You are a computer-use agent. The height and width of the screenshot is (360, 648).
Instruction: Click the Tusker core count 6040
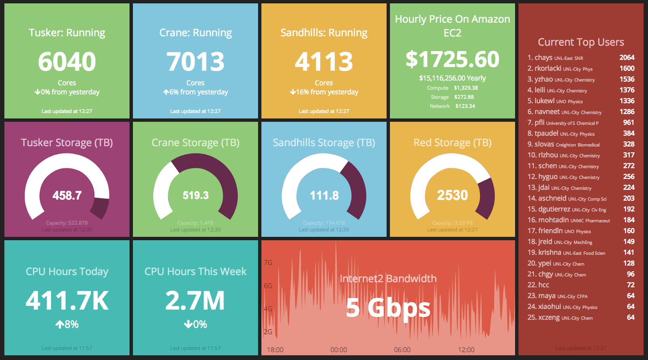(x=67, y=62)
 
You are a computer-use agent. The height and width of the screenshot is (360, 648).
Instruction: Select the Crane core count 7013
(x=195, y=62)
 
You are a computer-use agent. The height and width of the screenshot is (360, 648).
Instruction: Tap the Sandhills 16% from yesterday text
(x=324, y=92)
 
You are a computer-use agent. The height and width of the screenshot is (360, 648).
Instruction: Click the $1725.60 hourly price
(x=452, y=59)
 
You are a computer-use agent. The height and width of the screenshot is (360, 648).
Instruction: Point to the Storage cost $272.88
(x=464, y=97)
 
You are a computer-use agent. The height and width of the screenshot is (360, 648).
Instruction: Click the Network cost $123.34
(x=465, y=106)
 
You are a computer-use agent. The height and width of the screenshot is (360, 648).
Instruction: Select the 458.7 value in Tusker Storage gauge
(x=67, y=196)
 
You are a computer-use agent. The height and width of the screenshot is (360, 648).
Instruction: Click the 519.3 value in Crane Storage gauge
(x=195, y=196)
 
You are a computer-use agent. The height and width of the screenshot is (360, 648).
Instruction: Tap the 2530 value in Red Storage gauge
(x=452, y=195)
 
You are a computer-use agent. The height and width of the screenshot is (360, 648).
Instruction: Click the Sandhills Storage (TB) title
(x=324, y=143)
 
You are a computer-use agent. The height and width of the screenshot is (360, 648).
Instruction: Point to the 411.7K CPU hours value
(x=67, y=300)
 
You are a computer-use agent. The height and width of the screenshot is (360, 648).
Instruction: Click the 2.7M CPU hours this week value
(x=195, y=300)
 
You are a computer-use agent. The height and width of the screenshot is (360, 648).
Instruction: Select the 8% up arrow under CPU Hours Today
(x=67, y=324)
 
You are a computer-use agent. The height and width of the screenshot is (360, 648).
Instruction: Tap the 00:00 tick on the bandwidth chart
(x=339, y=350)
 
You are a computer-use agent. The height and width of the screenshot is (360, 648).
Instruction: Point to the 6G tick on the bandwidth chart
(x=268, y=286)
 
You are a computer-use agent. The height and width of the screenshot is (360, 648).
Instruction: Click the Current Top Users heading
(x=581, y=42)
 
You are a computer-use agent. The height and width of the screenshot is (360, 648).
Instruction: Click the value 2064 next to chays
(x=627, y=58)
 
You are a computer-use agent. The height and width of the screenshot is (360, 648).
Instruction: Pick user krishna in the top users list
(x=550, y=252)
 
